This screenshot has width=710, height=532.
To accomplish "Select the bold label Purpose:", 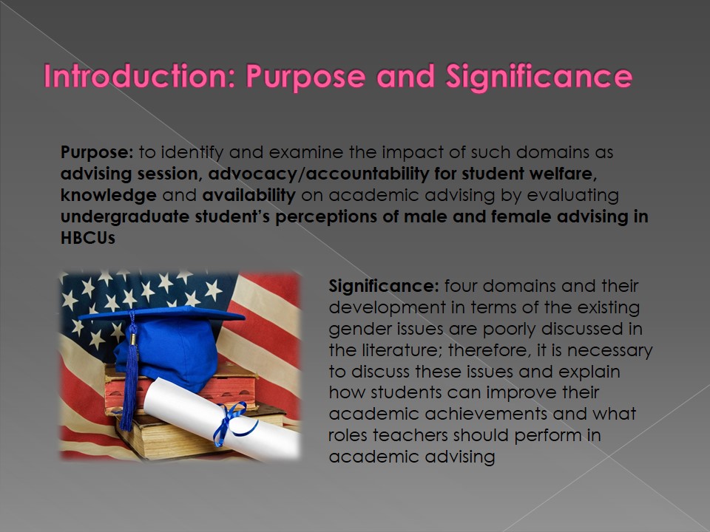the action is [x=97, y=152].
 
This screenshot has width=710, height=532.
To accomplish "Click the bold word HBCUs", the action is [x=88, y=238].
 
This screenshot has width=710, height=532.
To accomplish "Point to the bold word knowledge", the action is [x=109, y=195].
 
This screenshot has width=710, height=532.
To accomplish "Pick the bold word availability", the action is [x=249, y=195].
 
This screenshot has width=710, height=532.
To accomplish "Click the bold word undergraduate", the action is [x=125, y=217].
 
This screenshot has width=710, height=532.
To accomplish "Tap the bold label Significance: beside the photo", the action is [x=384, y=287].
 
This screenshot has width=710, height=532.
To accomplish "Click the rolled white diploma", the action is [x=222, y=418].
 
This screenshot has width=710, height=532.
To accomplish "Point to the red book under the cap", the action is [x=181, y=390].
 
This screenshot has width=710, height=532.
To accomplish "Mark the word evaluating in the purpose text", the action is [x=572, y=196].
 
